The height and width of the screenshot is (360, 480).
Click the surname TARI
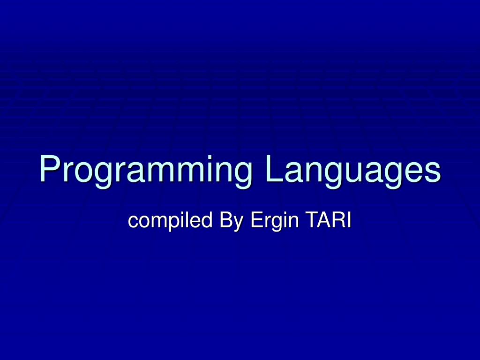click(x=328, y=220)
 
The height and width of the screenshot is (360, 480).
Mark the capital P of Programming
click(x=50, y=168)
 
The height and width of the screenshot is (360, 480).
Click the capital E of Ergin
click(x=256, y=220)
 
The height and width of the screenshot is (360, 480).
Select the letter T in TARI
click(x=311, y=220)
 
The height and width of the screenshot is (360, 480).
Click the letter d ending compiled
click(x=207, y=220)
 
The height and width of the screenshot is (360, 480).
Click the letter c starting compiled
click(x=133, y=222)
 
